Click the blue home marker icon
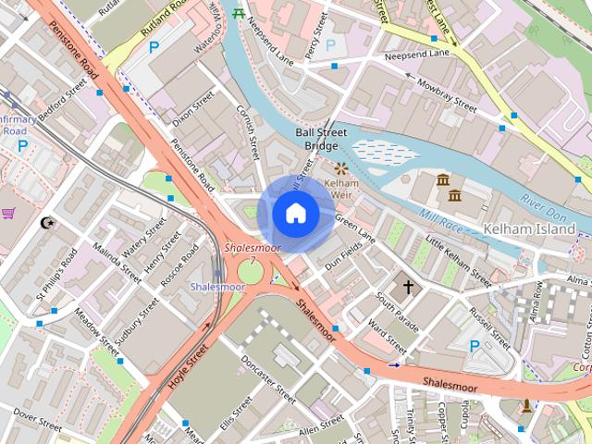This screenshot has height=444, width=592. click(294, 214)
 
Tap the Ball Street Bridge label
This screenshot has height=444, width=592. click(321, 140)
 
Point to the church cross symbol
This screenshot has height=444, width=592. click(409, 288)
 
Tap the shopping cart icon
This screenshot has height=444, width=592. click(9, 214)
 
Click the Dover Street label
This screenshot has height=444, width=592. click(38, 424)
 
